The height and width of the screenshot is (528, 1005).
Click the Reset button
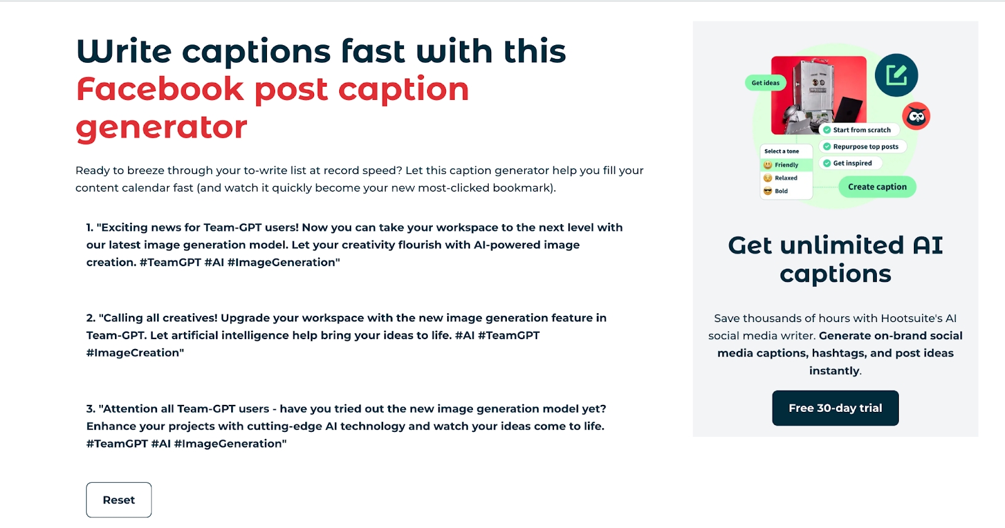119,500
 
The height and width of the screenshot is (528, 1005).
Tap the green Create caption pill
877,186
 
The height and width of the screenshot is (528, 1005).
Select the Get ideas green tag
766,82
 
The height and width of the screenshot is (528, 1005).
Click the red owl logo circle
916,116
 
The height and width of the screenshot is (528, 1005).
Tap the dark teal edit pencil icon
896,75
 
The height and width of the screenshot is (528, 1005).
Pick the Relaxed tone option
781,178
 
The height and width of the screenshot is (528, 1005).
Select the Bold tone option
776,191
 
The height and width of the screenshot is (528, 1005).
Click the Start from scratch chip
859,129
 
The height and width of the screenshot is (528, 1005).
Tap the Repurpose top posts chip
862,146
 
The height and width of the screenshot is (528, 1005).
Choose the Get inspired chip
850,163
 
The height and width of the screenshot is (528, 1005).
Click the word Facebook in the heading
160,89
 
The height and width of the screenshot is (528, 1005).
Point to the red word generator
161,127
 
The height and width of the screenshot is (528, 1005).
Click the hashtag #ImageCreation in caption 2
135,353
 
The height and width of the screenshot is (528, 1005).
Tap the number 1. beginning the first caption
90,227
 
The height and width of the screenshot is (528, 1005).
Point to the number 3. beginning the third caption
90,409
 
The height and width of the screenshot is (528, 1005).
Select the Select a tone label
781,151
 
